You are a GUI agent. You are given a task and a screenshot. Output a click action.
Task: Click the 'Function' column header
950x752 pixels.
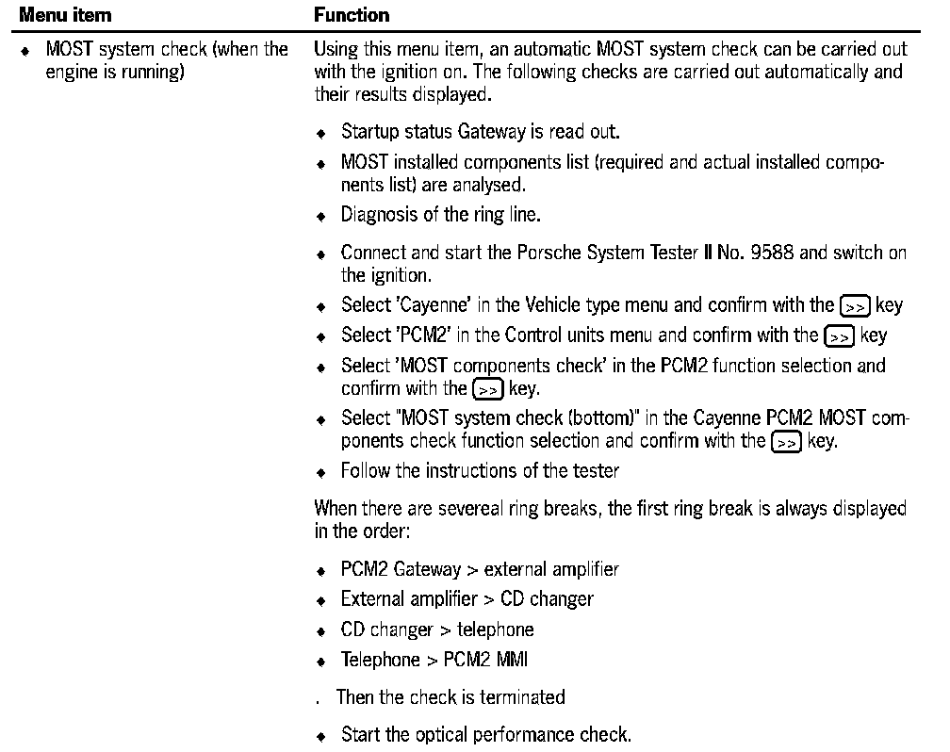[352, 15]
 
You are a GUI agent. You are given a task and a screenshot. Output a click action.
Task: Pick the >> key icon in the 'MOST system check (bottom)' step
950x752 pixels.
[785, 441]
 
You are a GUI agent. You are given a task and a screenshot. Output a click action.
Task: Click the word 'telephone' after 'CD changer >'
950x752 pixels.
[495, 629]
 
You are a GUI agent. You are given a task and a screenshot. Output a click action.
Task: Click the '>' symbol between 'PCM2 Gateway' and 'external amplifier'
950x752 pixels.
[473, 570]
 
